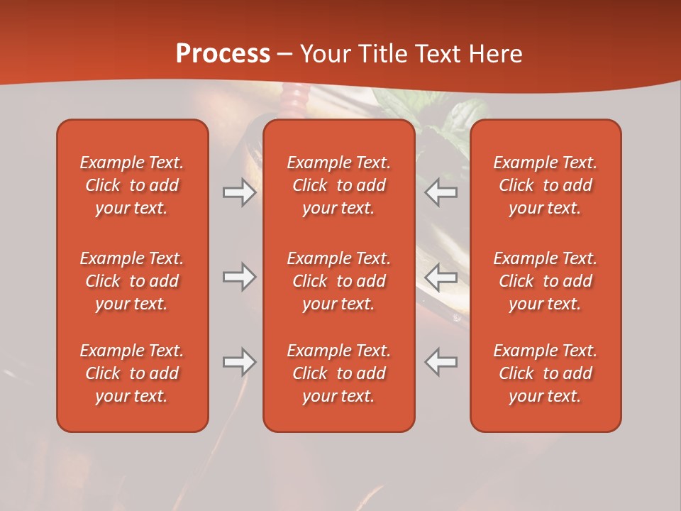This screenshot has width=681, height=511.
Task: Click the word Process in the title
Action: tap(223, 54)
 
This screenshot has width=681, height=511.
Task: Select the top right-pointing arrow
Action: tap(239, 192)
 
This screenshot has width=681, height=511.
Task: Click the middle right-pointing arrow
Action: tap(239, 277)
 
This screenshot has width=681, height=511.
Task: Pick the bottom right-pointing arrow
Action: tap(239, 362)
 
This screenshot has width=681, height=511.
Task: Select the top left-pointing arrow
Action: tap(441, 192)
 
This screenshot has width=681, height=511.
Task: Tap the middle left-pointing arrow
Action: tap(441, 277)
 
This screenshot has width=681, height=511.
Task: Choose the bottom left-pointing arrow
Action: tap(441, 362)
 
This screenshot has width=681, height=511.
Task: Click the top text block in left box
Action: tap(132, 185)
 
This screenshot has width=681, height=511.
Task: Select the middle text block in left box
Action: tap(132, 281)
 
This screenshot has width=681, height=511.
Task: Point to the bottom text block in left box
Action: tap(132, 373)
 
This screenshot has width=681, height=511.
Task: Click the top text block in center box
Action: tap(338, 185)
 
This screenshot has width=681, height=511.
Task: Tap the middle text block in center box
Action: tap(338, 281)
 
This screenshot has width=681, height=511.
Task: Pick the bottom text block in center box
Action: tap(338, 373)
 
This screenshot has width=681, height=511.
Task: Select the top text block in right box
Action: tap(545, 185)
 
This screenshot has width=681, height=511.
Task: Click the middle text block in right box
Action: tap(545, 281)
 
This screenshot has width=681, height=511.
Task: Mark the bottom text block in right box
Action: tap(545, 373)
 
